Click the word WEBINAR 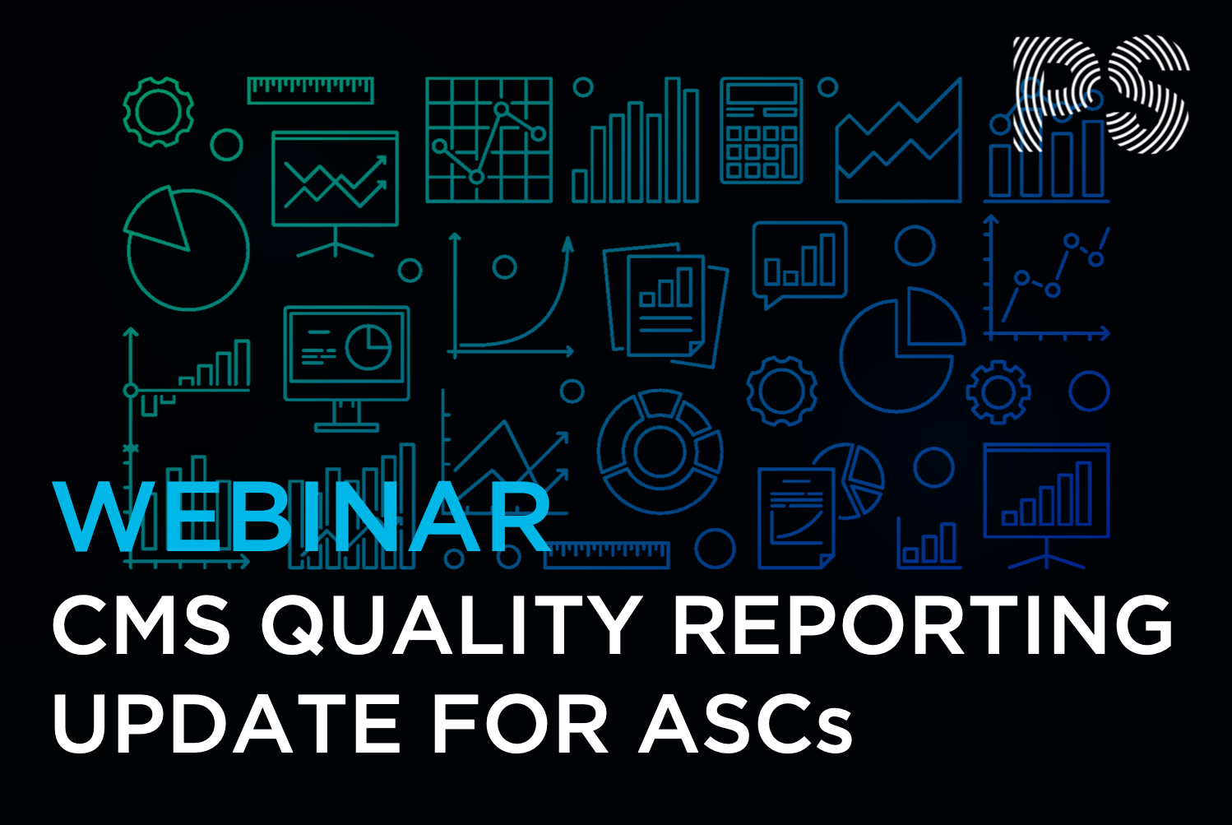pyautogui.click(x=302, y=518)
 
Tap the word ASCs pyautogui.click(x=745, y=724)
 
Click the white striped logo pyautogui.click(x=1100, y=95)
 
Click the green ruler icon pyautogui.click(x=310, y=90)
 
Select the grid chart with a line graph pyautogui.click(x=489, y=140)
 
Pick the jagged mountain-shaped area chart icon pyautogui.click(x=899, y=144)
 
